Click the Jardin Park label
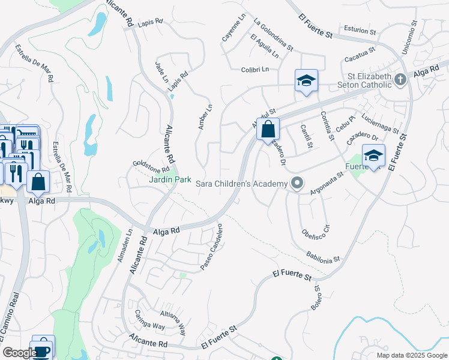coord(170,179)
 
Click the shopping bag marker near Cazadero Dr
coord(268,129)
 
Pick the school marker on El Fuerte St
coord(373,155)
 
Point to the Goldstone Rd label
coord(151,166)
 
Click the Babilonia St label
coord(324,256)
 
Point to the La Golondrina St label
coord(273,35)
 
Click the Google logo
coord(19,353)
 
